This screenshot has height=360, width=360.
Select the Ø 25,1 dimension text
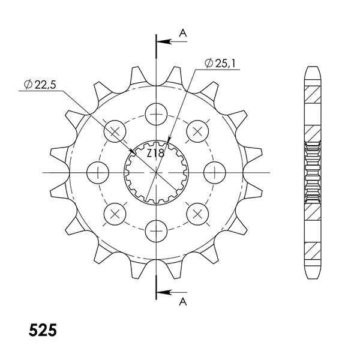coord(220,62)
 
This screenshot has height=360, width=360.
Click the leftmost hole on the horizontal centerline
coord(98,172)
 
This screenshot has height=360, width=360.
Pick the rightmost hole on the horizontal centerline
coord(214,172)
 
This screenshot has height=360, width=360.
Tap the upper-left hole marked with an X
coord(115,131)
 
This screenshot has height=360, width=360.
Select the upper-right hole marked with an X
coord(197,131)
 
